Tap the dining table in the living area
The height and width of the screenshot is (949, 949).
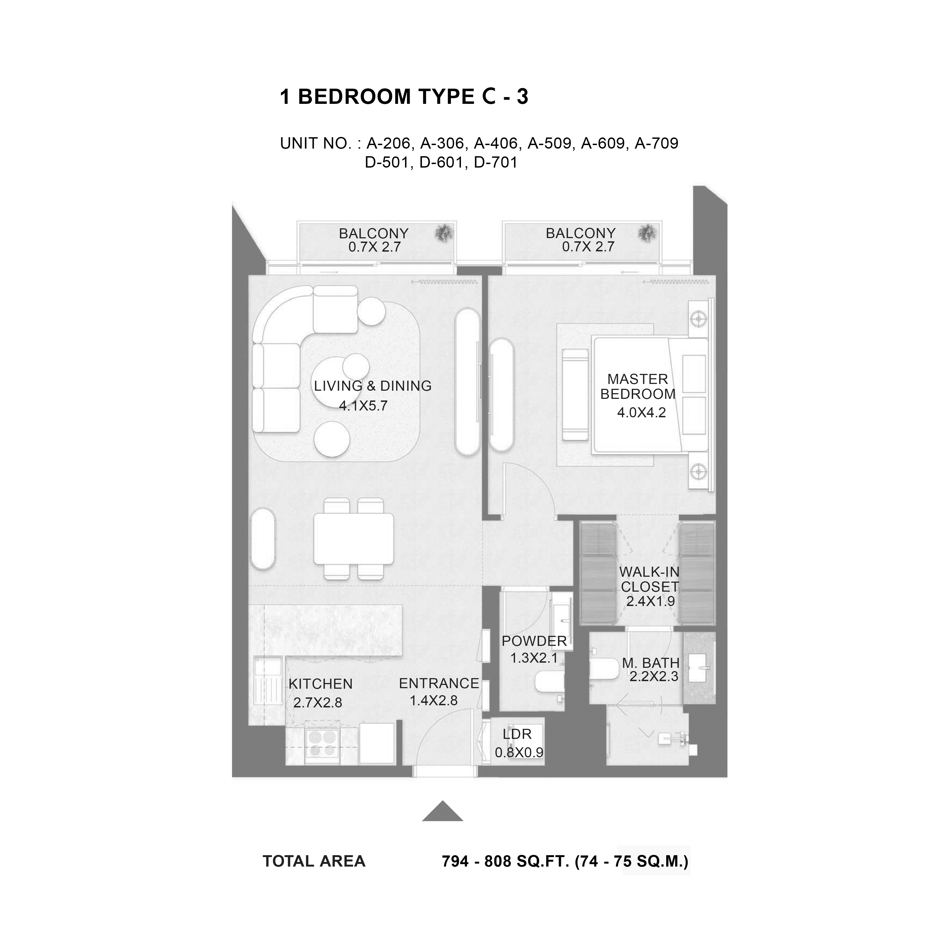[x=354, y=539]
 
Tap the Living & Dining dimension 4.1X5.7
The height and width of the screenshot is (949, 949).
[x=364, y=406]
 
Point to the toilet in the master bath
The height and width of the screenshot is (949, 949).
[x=604, y=669]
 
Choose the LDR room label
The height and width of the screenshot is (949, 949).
[x=517, y=734]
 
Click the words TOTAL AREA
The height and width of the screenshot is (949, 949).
[x=314, y=861]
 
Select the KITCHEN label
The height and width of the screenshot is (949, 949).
[x=321, y=684]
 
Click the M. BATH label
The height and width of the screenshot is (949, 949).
[x=651, y=663]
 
